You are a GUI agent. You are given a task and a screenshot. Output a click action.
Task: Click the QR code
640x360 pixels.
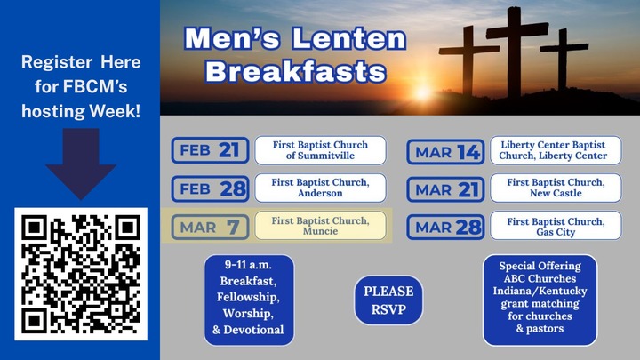pyautogui.click(x=81, y=273)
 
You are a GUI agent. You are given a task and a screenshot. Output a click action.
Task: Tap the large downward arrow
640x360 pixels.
pyautogui.click(x=81, y=164)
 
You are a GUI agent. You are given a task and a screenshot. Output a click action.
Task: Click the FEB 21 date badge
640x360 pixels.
pyautogui.click(x=209, y=150)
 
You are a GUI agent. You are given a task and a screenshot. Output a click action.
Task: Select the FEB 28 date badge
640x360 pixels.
pyautogui.click(x=209, y=188)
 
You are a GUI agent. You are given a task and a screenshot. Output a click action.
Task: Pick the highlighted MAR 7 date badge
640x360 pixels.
pyautogui.click(x=209, y=227)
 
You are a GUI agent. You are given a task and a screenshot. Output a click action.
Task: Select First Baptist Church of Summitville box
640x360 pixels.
pyautogui.click(x=321, y=150)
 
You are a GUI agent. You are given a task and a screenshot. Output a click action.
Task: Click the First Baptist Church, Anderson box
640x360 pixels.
pyautogui.click(x=321, y=188)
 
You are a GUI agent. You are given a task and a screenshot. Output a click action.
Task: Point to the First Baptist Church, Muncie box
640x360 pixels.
pyautogui.click(x=321, y=226)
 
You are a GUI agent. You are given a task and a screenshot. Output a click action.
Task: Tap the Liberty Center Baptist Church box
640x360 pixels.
pyautogui.click(x=556, y=150)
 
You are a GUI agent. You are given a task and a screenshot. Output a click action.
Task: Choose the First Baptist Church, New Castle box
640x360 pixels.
pyautogui.click(x=556, y=188)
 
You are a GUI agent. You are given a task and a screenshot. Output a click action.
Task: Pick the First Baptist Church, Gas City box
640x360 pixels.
pyautogui.click(x=556, y=226)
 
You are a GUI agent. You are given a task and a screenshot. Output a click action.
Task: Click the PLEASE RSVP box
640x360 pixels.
pyautogui.click(x=389, y=300)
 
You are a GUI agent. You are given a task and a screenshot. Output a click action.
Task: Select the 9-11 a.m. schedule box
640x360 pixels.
pyautogui.click(x=249, y=300)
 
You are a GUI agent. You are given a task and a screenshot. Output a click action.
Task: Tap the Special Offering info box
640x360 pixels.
pyautogui.click(x=540, y=300)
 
